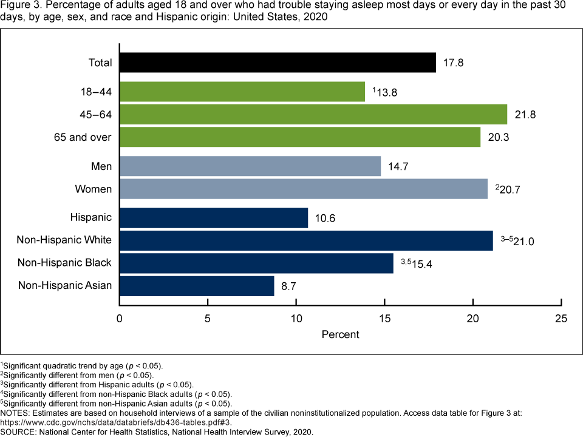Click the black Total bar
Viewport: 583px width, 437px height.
point(278,63)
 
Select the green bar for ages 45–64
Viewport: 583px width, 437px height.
point(313,114)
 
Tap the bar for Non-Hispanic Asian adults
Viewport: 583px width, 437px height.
point(197,285)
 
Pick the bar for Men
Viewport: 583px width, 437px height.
point(250,166)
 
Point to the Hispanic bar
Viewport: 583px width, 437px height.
point(214,217)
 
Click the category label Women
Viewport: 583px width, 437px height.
point(94,189)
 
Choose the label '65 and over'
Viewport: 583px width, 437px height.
point(83,137)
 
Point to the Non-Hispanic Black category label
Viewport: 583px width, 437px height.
point(64,263)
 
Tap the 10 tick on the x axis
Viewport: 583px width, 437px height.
point(296,319)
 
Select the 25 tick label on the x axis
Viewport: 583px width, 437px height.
point(562,319)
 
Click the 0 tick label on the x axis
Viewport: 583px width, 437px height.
point(120,319)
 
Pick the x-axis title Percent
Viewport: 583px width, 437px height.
point(340,334)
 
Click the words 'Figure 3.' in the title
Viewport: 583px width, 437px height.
point(18,6)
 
